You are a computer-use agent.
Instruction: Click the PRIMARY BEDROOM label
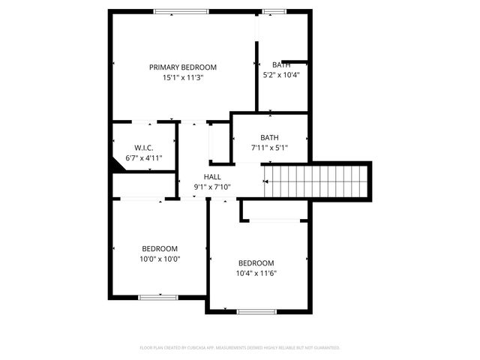[182, 67]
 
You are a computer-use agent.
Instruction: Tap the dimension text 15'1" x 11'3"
[182, 77]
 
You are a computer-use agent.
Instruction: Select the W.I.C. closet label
[144, 148]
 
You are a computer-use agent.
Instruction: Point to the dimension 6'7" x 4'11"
[144, 158]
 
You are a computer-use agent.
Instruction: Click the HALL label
[212, 176]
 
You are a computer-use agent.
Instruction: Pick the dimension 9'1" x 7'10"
[212, 187]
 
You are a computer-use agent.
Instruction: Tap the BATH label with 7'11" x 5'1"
[269, 137]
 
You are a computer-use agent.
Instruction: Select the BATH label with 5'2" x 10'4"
[282, 64]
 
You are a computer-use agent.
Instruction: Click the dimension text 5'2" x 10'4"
[282, 75]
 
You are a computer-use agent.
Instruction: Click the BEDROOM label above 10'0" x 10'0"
[160, 248]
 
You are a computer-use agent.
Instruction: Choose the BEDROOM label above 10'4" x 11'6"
[256, 262]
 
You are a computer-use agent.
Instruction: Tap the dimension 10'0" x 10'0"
[160, 259]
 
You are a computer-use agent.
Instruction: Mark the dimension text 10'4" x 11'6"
[256, 273]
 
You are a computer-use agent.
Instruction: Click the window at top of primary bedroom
[182, 11]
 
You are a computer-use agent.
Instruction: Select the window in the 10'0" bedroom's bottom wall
[158, 298]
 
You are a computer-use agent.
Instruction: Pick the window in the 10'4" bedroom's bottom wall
[256, 311]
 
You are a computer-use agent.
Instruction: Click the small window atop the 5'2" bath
[274, 11]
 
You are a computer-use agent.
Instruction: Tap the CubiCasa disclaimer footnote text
[240, 348]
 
